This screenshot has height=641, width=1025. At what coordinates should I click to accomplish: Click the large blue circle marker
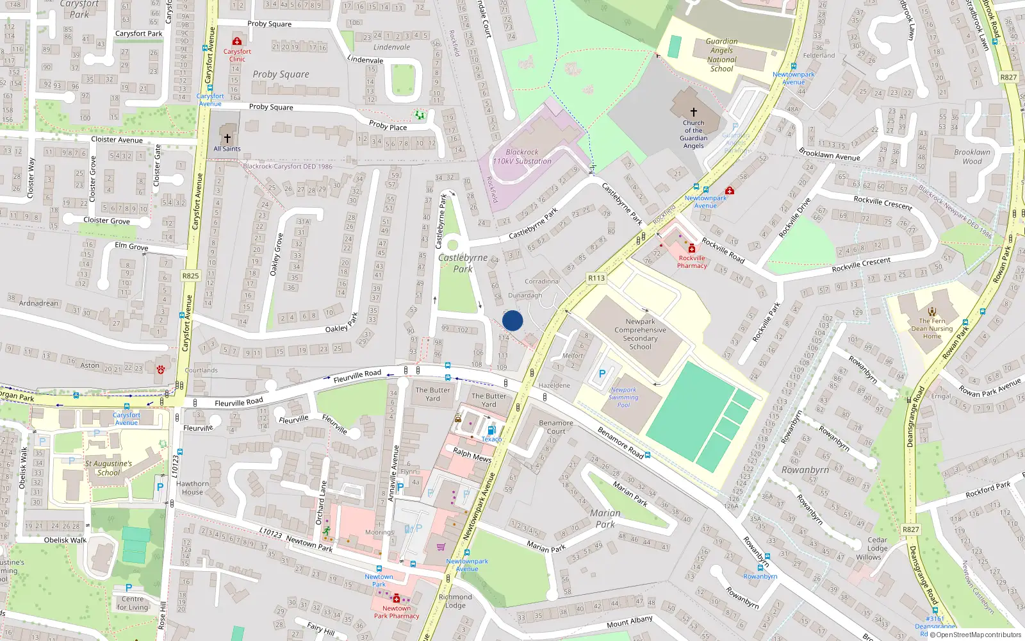point(512,320)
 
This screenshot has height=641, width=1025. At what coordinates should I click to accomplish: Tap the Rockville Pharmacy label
point(692,262)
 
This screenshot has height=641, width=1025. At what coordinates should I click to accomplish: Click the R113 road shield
point(596,278)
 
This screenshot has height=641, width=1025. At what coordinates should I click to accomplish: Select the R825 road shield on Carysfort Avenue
point(190,276)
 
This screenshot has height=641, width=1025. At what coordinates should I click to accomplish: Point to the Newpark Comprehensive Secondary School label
point(640,334)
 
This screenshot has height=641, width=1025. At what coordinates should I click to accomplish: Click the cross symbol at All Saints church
point(227,138)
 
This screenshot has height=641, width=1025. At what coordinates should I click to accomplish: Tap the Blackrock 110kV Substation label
point(522,157)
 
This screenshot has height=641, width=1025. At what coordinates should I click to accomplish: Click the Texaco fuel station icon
point(491,430)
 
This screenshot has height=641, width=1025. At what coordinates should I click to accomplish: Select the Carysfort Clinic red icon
point(237,42)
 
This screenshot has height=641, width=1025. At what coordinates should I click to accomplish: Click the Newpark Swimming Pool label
point(623,397)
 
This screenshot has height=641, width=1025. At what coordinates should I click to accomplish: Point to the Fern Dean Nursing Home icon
point(932,312)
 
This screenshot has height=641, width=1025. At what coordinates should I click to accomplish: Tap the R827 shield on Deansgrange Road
point(910,529)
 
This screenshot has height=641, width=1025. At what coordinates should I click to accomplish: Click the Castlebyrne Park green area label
point(463,263)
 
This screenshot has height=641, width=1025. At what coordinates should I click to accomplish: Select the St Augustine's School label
point(108,468)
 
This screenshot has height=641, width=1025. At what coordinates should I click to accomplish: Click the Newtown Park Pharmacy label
point(397,612)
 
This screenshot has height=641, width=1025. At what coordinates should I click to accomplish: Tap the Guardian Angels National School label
point(721,55)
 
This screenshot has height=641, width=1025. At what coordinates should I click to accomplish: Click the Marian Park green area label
point(605,519)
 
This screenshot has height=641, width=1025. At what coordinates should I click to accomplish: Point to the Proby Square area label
point(281,74)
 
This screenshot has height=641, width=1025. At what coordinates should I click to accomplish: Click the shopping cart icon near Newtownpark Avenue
point(441,547)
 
